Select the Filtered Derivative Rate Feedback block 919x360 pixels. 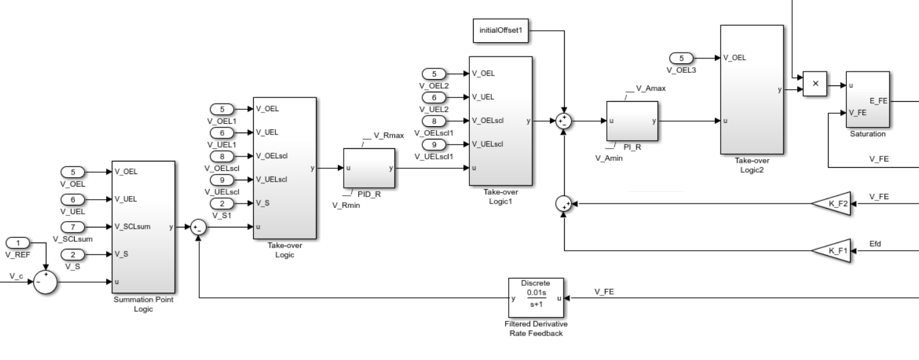(x=536, y=298)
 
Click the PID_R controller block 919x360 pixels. (x=369, y=168)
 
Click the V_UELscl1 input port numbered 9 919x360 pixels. (x=434, y=144)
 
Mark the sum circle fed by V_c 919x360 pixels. (x=45, y=282)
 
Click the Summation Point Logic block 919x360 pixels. (x=143, y=226)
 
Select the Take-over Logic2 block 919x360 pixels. (x=751, y=89)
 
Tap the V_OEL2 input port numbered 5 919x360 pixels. (x=434, y=73)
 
